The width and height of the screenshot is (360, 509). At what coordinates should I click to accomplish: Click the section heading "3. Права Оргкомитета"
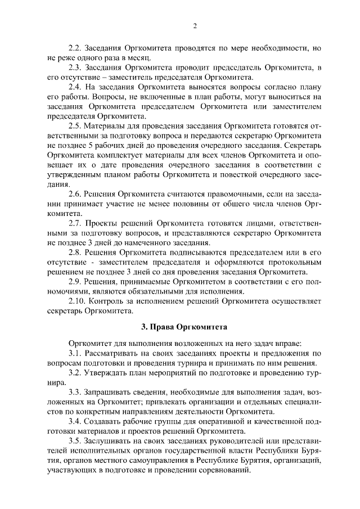click(x=180, y=326)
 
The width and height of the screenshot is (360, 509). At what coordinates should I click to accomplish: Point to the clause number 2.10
click(x=78, y=301)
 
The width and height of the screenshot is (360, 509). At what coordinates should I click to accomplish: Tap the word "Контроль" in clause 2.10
click(x=110, y=301)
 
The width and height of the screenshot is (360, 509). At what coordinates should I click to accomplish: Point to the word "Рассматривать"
click(x=116, y=353)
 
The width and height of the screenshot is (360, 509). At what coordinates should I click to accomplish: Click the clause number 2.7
click(x=75, y=224)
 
